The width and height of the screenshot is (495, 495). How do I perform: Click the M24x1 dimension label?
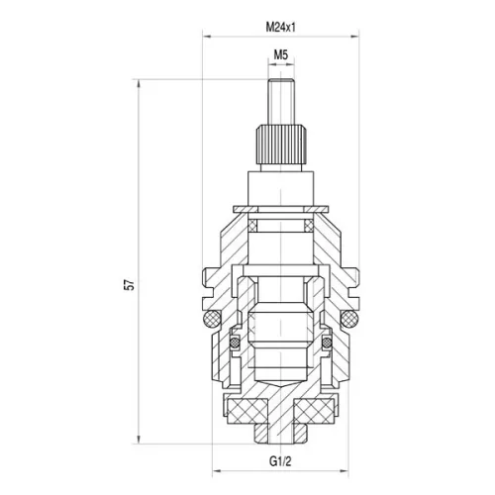[281, 28]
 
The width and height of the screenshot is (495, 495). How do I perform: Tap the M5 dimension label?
[281, 54]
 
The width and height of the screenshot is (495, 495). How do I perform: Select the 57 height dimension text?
[130, 285]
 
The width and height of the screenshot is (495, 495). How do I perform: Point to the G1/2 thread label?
[280, 461]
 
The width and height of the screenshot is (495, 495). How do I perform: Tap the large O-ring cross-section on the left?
[211, 319]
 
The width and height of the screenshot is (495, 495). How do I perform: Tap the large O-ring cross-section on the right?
[349, 319]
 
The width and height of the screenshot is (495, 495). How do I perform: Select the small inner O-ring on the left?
[235, 343]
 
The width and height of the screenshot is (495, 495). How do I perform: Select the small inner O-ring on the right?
[327, 343]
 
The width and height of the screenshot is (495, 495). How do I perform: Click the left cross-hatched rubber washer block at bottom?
[247, 411]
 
